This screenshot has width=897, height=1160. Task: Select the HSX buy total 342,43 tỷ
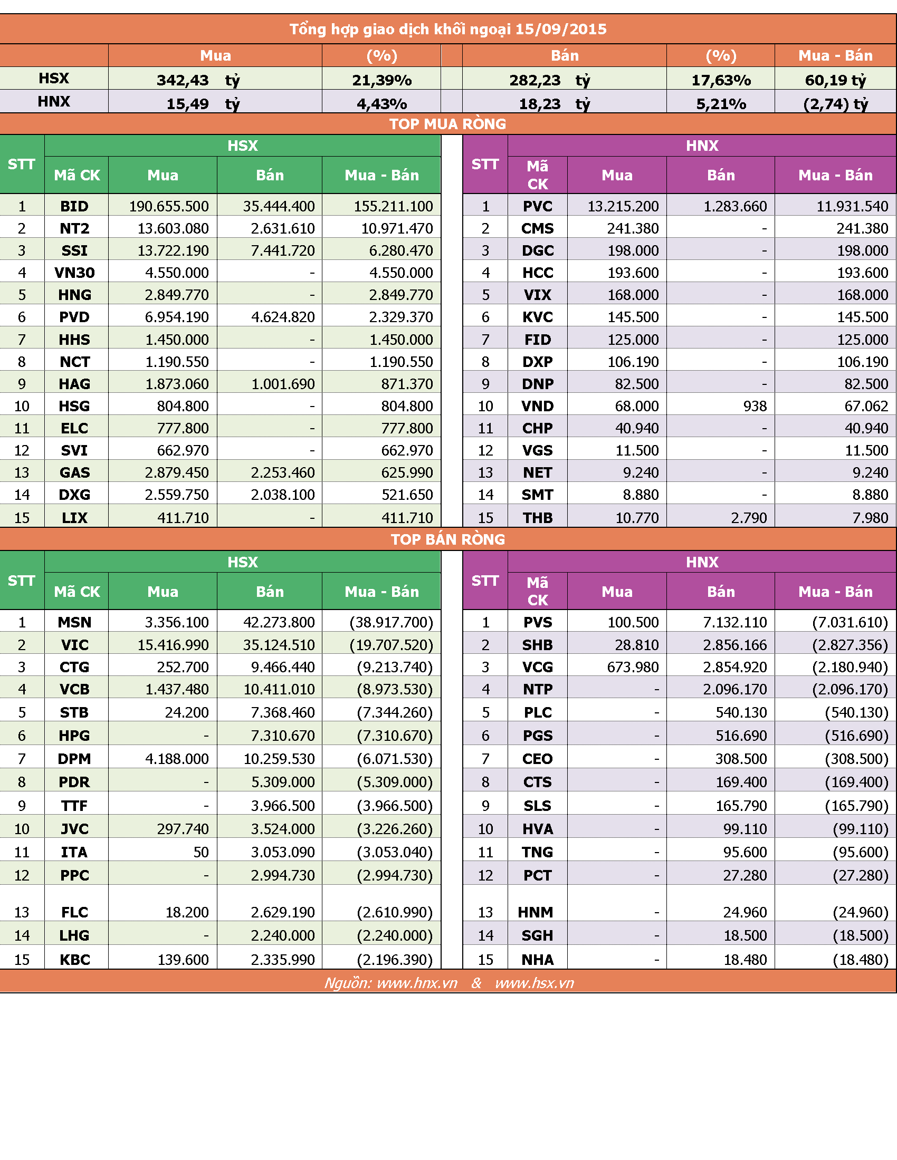[x=198, y=80]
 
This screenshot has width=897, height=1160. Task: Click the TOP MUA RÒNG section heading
[x=447, y=124]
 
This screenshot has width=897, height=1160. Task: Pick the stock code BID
[x=74, y=206]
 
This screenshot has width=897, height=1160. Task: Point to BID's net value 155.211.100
[x=393, y=206]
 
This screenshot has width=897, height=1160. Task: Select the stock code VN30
[x=74, y=273]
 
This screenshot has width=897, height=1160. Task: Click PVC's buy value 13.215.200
[x=623, y=206]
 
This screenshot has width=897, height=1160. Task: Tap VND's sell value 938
[x=755, y=406]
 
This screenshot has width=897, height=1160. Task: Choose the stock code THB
[x=538, y=517]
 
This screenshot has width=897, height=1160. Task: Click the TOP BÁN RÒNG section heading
[x=448, y=539]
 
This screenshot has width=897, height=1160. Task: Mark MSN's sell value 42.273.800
[x=279, y=622]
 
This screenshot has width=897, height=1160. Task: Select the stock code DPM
[x=74, y=758]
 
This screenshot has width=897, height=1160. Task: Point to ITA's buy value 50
[x=201, y=852]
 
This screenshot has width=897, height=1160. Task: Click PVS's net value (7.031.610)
[x=850, y=622]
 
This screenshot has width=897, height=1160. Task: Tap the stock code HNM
[x=536, y=912]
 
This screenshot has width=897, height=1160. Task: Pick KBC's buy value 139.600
[x=183, y=960]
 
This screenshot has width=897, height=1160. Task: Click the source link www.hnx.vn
[x=417, y=983]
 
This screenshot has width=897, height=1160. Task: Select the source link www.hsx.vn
[x=535, y=983]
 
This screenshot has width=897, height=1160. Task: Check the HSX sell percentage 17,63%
[x=721, y=80]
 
